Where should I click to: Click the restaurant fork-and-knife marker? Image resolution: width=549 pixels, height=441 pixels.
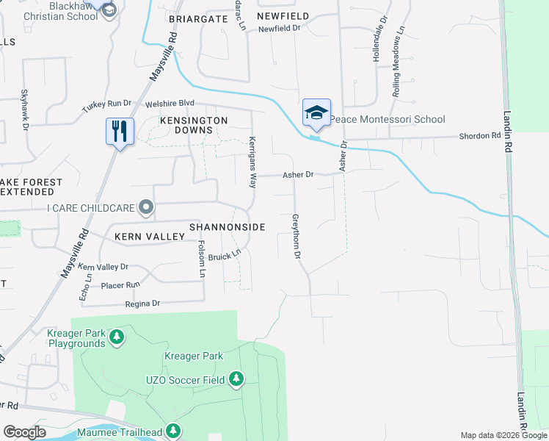[119, 132]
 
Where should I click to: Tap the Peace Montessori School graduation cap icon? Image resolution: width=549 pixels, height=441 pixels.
[316, 112]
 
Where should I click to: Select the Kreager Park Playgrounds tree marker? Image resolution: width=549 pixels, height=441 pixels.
[116, 337]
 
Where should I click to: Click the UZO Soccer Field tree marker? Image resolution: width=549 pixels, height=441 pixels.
[236, 379]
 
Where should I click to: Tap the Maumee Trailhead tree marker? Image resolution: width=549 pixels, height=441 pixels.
[173, 430]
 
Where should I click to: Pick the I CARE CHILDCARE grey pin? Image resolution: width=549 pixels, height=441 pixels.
[147, 208]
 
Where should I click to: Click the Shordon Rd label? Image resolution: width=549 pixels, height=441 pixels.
[479, 136]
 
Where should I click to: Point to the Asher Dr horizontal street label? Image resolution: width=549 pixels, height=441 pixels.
[299, 175]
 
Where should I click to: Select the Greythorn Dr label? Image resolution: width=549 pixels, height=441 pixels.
[298, 236]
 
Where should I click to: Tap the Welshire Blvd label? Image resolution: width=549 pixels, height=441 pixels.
[170, 104]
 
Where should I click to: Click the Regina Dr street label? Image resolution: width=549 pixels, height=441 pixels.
[142, 303]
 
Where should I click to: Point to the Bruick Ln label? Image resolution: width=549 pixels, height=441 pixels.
[224, 257]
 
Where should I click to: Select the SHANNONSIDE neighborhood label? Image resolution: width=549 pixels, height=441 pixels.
[227, 228]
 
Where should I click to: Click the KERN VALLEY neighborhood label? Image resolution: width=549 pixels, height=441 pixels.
[148, 237]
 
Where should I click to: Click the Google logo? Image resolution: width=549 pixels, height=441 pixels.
[24, 432]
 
